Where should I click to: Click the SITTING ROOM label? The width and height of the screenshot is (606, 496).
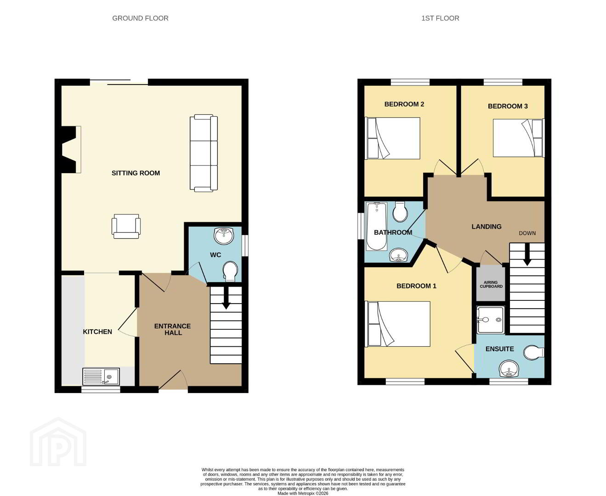(136, 173)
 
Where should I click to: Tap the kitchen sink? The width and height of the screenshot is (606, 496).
(101, 377)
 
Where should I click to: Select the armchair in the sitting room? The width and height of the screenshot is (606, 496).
(126, 226)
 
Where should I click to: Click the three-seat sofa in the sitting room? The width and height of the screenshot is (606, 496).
(204, 153)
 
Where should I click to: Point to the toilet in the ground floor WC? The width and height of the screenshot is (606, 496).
(230, 271)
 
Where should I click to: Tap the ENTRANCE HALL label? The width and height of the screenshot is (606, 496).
(172, 329)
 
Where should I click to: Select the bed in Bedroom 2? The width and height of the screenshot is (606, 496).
(392, 138)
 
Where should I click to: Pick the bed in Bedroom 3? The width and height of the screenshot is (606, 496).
(519, 138)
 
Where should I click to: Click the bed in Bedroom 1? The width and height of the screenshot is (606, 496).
(397, 324)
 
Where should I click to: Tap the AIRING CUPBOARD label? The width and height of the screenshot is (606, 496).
(491, 284)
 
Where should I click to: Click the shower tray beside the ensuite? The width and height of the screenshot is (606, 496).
(491, 320)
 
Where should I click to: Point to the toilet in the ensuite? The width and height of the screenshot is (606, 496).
(534, 352)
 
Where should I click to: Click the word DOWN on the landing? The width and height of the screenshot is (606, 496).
(527, 233)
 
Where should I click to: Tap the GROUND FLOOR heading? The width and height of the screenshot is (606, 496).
(140, 18)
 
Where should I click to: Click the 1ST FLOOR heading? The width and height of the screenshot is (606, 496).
(440, 18)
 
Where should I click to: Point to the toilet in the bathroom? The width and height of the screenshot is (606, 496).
(400, 212)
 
